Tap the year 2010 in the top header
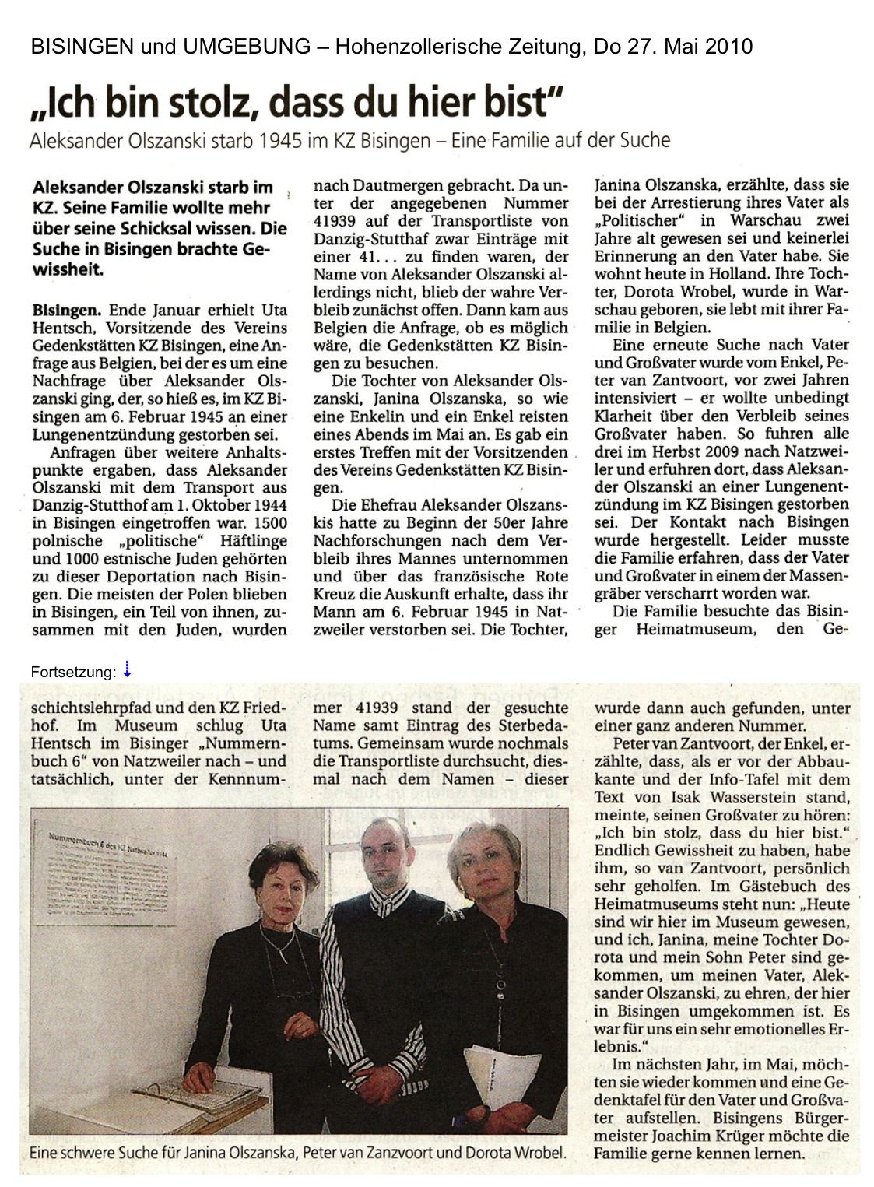tap(729, 47)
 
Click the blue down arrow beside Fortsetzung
tap(127, 669)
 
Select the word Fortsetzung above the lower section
tap(73, 672)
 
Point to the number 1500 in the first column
tap(269, 523)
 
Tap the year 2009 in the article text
tap(732, 451)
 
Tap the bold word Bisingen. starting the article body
tap(68, 311)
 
